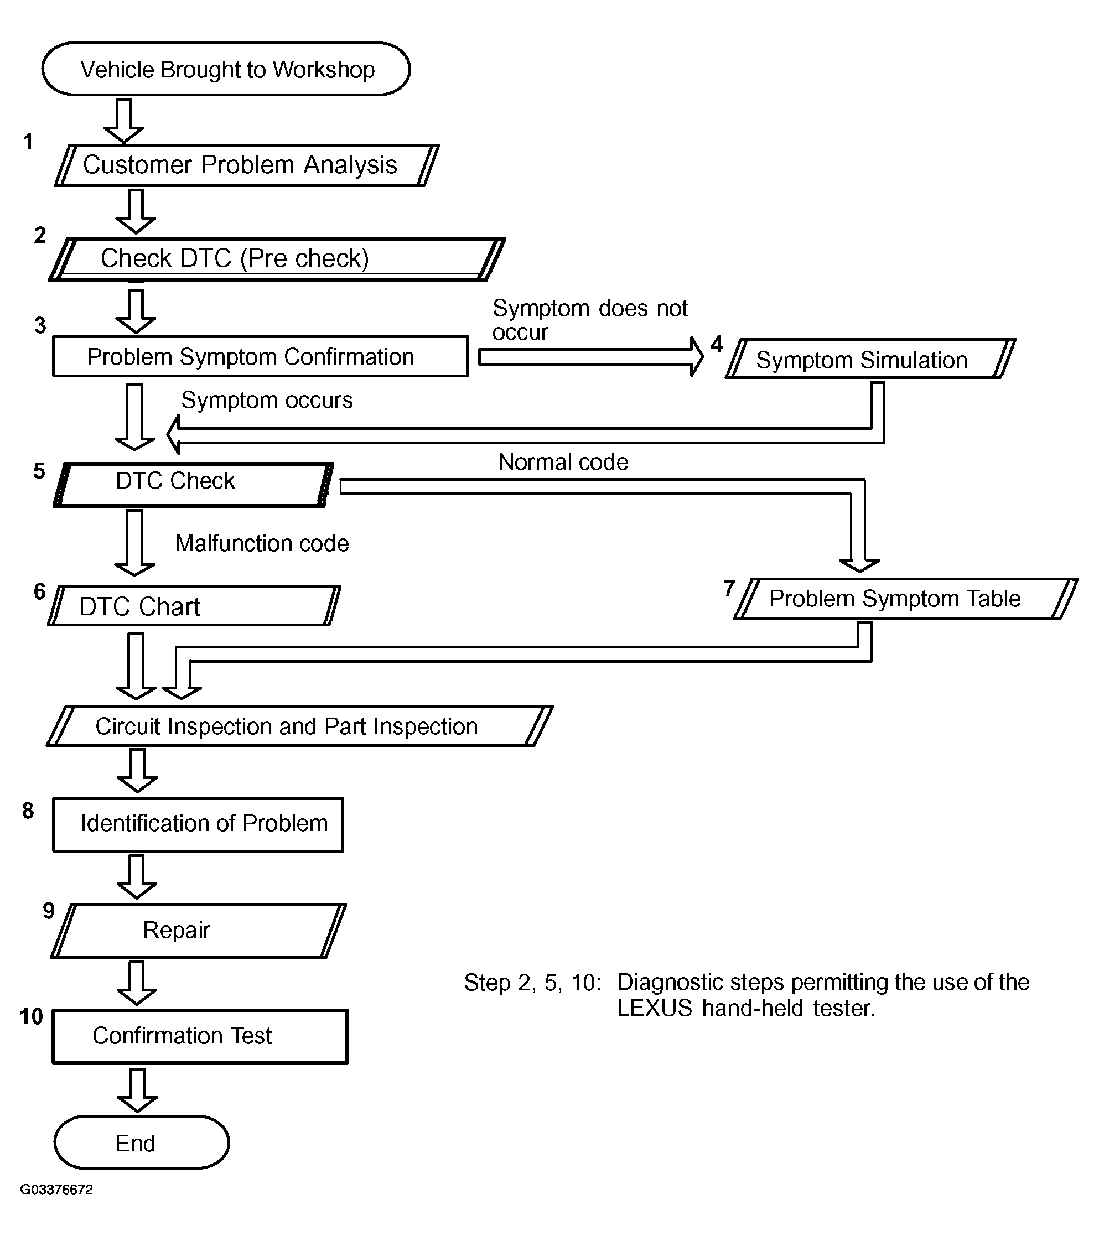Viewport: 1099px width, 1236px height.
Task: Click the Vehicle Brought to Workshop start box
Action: point(226,69)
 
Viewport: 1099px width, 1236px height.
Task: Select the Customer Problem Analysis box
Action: point(247,165)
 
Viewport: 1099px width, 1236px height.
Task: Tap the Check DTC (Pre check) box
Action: point(277,259)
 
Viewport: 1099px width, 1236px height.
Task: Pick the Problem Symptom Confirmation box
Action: point(260,357)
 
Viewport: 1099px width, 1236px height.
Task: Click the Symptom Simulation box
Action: point(870,359)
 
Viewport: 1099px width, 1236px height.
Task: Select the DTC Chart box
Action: point(194,606)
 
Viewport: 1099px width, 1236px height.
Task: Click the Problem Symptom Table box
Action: point(905,599)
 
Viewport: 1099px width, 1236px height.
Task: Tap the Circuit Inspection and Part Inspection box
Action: point(300,726)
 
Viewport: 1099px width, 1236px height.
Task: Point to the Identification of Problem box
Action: point(198,825)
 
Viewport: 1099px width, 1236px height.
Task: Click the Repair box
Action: point(199,931)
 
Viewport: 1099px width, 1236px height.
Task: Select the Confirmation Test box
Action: point(200,1037)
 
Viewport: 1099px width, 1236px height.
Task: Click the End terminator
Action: point(142,1143)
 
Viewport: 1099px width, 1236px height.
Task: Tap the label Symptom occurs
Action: point(267,401)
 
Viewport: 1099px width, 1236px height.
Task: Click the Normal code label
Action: point(563,462)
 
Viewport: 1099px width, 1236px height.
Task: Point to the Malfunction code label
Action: point(262,544)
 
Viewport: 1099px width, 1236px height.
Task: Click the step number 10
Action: point(32,1017)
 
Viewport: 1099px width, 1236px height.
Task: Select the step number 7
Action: point(729,588)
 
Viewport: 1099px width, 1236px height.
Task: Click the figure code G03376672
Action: point(57,1190)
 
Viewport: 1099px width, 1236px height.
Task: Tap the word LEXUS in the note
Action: point(655,1009)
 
